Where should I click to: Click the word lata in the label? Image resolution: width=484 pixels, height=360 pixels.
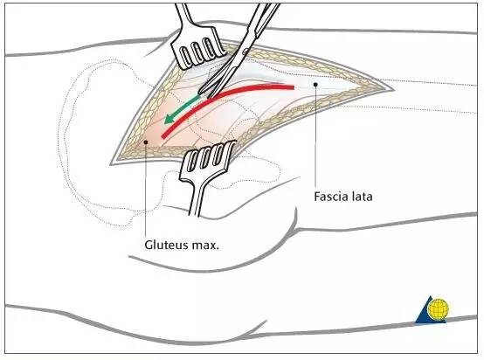pos(362,197)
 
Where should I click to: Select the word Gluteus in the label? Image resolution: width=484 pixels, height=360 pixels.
pos(166,246)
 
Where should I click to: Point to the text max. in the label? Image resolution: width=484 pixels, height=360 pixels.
pos(205,246)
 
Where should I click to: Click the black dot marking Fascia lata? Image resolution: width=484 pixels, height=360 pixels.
pos(315,84)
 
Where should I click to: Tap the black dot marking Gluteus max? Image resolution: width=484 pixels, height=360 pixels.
pos(146,142)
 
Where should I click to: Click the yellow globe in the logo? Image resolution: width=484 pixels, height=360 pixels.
pos(438,308)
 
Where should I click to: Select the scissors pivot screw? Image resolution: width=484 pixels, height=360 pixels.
pos(245,52)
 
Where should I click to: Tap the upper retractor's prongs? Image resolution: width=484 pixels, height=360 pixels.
pos(197,52)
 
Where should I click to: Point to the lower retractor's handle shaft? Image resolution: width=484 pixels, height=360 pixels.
pos(197,197)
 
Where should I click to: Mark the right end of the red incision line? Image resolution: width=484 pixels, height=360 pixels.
pos(293,87)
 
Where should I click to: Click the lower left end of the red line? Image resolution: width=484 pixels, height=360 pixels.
pos(163,135)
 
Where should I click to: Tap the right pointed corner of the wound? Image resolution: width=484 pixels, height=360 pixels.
pos(393,89)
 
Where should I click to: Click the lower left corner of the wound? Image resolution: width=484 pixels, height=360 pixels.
pos(111,164)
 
